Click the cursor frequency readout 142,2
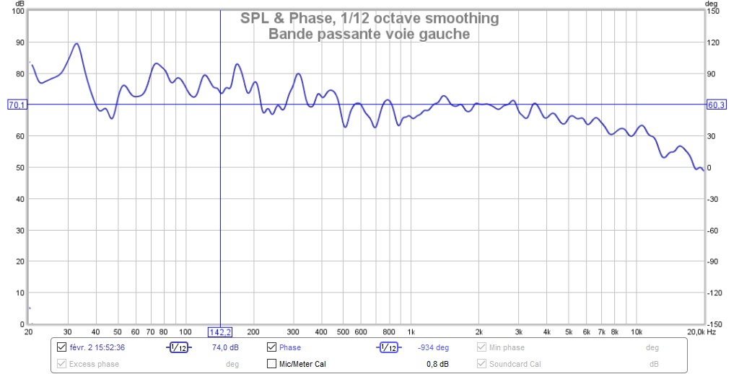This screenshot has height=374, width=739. pyautogui.click(x=220, y=331)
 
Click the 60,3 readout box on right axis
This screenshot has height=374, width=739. pyautogui.click(x=716, y=105)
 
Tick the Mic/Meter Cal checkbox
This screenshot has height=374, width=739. pyautogui.click(x=272, y=364)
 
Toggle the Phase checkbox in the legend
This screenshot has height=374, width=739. pyautogui.click(x=272, y=347)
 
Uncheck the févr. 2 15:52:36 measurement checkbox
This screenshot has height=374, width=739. pyautogui.click(x=61, y=347)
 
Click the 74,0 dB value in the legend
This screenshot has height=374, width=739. pyautogui.click(x=225, y=347)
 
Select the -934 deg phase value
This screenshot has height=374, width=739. pyautogui.click(x=433, y=347)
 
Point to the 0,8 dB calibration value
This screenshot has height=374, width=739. pyautogui.click(x=437, y=364)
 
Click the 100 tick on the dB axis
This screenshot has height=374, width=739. pyautogui.click(x=17, y=12)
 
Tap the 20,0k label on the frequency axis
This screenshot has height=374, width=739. pyautogui.click(x=696, y=332)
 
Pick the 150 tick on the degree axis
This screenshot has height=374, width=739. pyautogui.click(x=713, y=12)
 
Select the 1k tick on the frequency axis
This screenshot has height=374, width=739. pyautogui.click(x=410, y=332)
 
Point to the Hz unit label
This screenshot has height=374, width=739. pyautogui.click(x=712, y=332)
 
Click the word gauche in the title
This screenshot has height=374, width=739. pyautogui.click(x=447, y=33)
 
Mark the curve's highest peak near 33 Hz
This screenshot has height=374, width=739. pyautogui.click(x=76, y=43)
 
